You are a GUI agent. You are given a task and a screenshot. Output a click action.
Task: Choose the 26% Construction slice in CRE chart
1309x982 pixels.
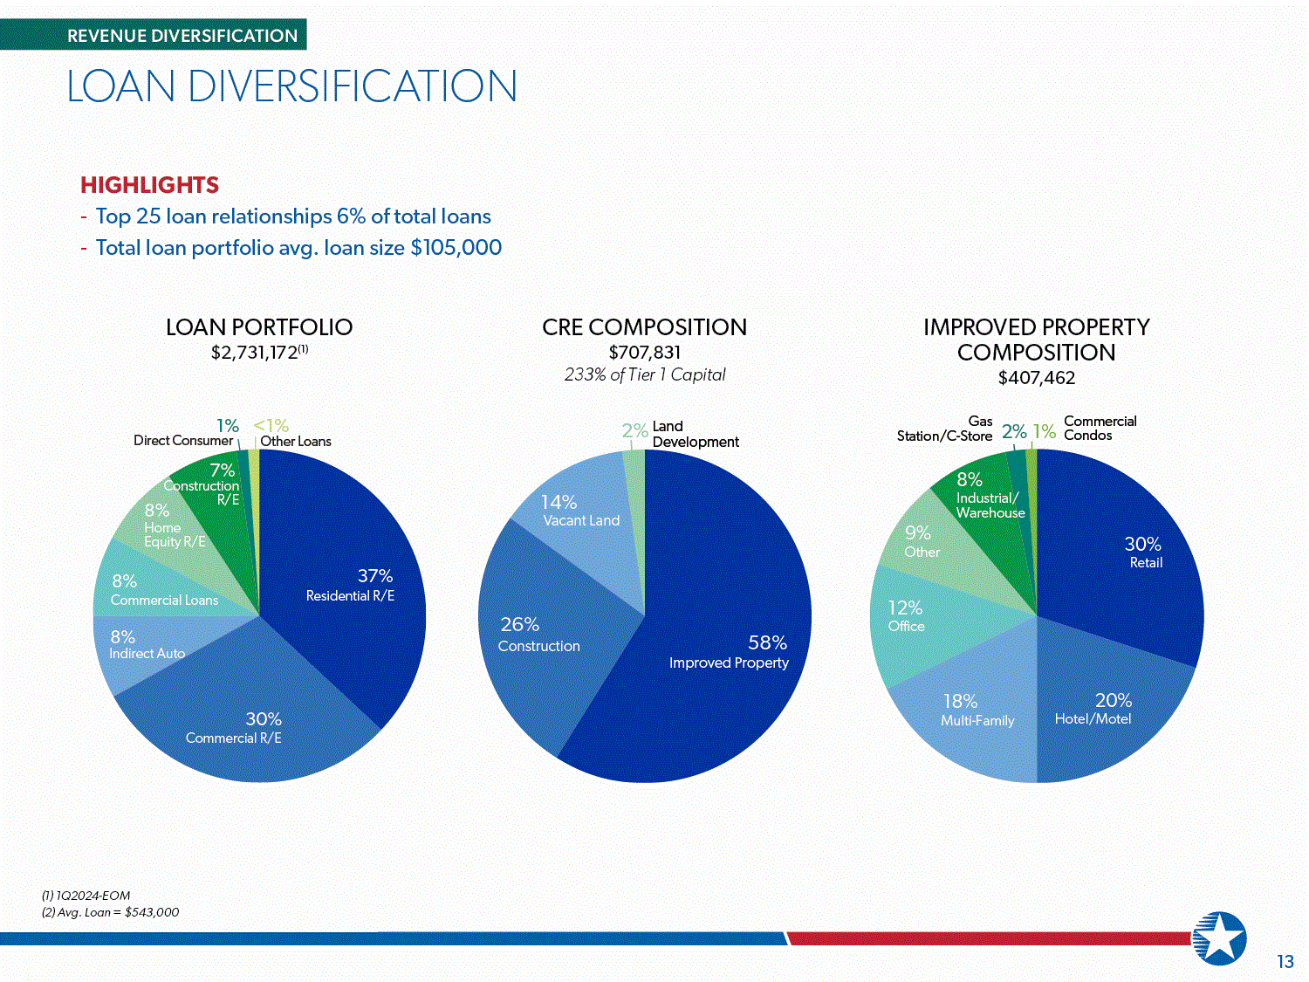(543, 638)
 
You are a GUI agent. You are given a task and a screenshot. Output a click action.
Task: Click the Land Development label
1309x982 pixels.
(696, 434)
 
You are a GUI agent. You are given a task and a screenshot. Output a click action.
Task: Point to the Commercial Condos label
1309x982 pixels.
(1100, 428)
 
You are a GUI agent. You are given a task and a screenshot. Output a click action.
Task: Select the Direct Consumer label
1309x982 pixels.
(183, 441)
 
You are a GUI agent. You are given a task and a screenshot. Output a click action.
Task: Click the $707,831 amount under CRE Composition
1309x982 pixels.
(645, 353)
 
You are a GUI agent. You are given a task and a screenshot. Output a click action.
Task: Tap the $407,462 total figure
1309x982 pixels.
(1037, 378)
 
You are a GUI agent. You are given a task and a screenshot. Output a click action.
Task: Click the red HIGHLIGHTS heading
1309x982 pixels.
(150, 185)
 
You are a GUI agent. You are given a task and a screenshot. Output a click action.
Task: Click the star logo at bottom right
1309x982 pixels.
(1219, 938)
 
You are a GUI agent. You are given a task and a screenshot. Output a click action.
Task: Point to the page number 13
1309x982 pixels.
(1285, 962)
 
